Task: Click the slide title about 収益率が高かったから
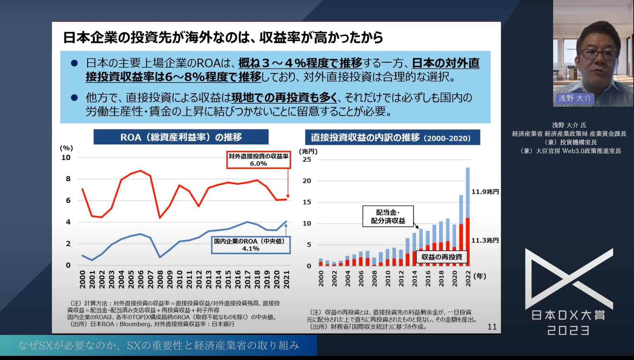pos(223,38)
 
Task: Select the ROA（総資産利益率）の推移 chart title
pos(181,137)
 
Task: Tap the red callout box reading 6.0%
pos(258,160)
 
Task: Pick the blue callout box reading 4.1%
pos(251,245)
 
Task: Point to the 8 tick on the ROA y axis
pos(68,179)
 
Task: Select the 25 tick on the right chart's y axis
pos(307,159)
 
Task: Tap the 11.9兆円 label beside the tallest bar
pos(485,192)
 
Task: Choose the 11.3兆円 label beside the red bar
pos(485,240)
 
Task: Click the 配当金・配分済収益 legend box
pos(388,216)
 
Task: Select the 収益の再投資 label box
pos(441,257)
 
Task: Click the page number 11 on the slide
pos(492,327)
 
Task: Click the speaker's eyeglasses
pos(601,54)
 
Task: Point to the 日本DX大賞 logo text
pos(568,315)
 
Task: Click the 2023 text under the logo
pos(568,330)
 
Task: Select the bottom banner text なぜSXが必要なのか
pos(158,345)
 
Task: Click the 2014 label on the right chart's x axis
pos(414,279)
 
